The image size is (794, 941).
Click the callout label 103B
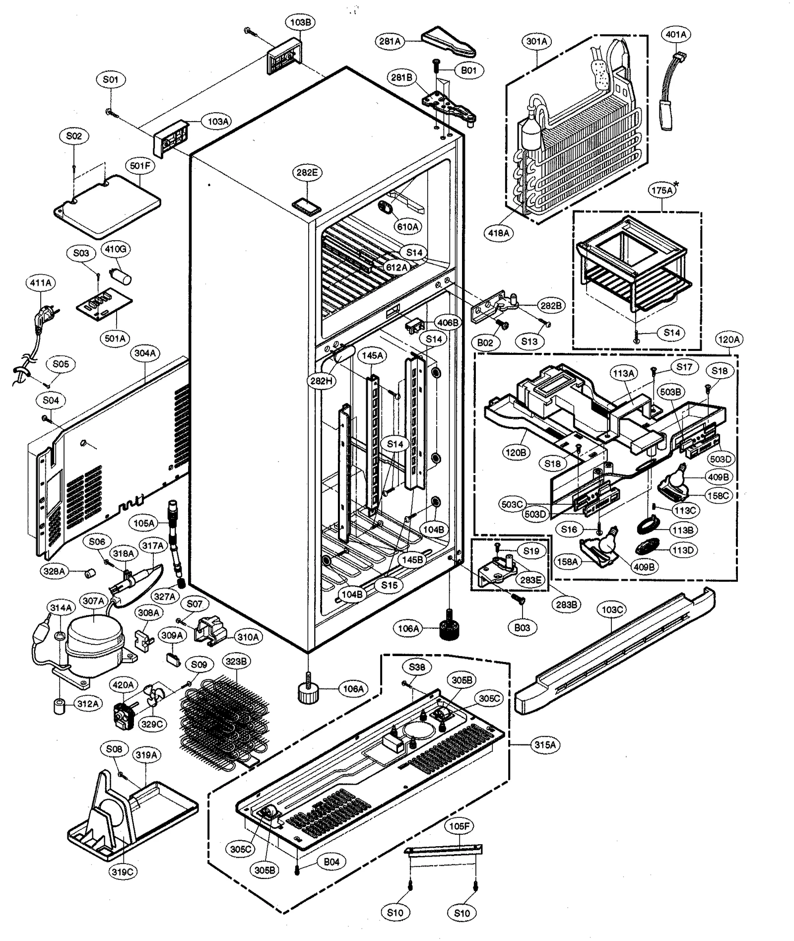coord(301,22)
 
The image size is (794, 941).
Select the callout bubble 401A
coord(676,34)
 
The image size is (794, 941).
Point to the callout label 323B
coord(236,661)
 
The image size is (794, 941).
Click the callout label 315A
coord(545,744)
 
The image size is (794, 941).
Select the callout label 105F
coord(460,826)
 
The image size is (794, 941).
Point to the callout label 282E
coord(307,172)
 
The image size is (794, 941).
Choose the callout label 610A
coord(407,226)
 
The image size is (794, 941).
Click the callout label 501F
coord(140,166)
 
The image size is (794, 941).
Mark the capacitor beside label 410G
coord(123,275)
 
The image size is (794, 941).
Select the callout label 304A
coord(145,353)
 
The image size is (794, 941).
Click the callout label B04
coord(331,862)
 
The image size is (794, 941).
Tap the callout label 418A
coord(499,232)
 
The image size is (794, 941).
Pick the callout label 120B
coord(516,452)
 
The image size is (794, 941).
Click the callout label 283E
coord(530,579)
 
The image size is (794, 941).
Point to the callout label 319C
coord(123,872)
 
